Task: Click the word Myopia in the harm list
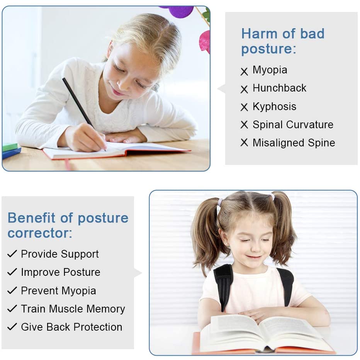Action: (270, 70)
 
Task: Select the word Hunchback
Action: (279, 88)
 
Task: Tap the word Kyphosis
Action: (274, 107)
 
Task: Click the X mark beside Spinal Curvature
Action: (244, 125)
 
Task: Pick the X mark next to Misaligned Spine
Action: (244, 143)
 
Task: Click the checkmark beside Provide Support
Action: (12, 254)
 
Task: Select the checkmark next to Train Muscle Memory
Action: (12, 308)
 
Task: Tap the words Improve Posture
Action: (61, 272)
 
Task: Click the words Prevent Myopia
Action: (59, 291)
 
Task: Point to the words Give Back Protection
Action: (71, 327)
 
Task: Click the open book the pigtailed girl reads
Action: (264, 333)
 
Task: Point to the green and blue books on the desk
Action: (11, 150)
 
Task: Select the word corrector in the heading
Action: (40, 233)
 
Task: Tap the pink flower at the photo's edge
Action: (205, 42)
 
